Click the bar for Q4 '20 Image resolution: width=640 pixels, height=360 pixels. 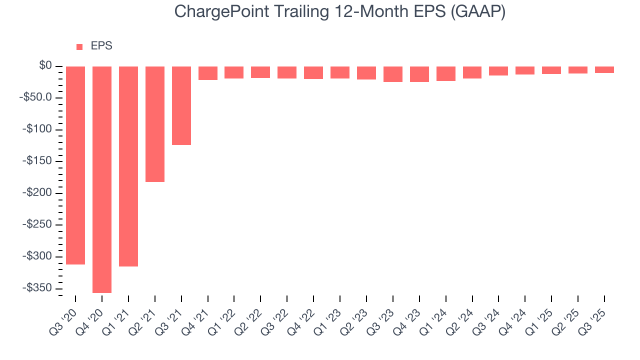tap(102, 179)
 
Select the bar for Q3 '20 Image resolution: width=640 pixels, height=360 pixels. tap(75, 165)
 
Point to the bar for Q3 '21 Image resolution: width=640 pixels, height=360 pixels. tap(181, 105)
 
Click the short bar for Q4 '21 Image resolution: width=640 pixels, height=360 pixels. tap(208, 73)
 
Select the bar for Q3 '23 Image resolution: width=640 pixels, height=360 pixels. tap(393, 74)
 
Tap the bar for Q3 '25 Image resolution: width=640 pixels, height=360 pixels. tap(604, 70)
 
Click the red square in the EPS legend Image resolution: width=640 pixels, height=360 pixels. tap(79, 47)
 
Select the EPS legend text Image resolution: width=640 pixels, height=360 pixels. tap(101, 46)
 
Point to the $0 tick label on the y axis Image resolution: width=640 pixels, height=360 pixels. tap(46, 65)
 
